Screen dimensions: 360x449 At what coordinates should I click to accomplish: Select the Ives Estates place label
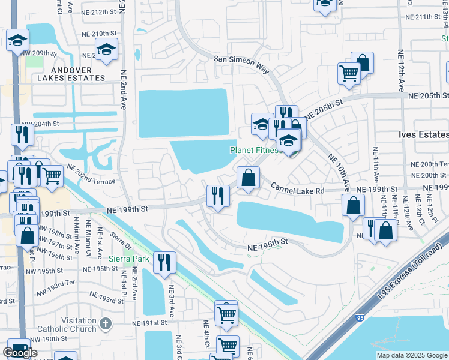tap(423, 135)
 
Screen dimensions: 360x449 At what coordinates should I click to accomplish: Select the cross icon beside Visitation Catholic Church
tap(106, 324)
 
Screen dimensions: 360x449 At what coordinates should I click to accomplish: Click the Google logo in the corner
tap(20, 352)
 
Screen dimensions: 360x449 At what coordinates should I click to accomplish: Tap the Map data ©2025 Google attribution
tap(411, 355)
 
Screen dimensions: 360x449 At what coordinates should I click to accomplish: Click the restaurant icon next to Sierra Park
tap(164, 262)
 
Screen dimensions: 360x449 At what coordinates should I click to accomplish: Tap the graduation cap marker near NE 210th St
tap(106, 49)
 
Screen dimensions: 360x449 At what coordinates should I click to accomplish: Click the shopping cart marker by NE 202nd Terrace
tap(52, 176)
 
